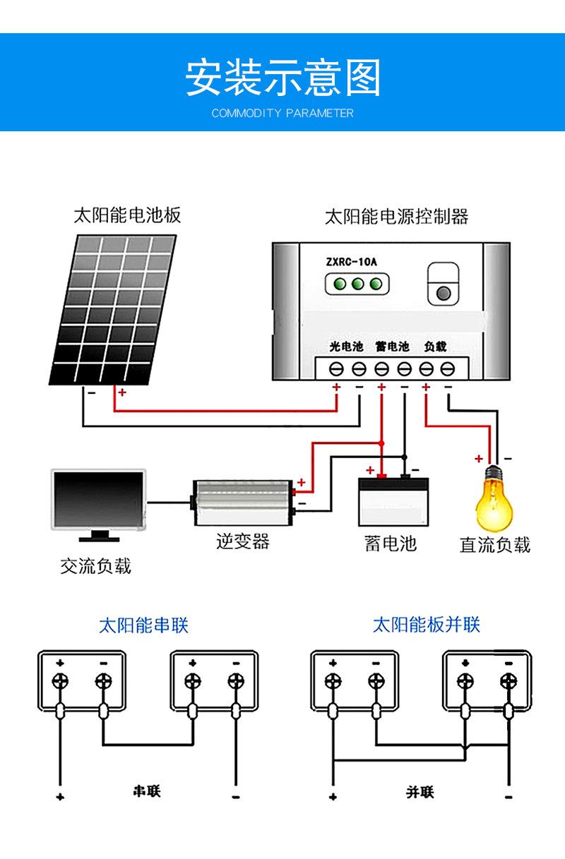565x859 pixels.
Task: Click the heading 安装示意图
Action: coord(282,77)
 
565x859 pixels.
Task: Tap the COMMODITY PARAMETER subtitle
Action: coord(282,113)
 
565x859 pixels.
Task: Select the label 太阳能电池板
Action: coord(127,215)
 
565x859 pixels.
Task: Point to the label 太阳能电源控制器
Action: coord(396,216)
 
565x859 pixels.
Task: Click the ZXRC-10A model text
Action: coord(352,262)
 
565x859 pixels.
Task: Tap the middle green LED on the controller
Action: coord(357,284)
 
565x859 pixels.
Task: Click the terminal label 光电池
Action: coord(346,347)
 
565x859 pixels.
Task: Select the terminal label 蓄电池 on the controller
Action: coord(392,347)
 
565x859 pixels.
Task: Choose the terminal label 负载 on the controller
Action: coord(436,347)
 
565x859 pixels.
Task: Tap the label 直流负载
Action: coord(494,545)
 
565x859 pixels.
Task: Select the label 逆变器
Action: coord(243,541)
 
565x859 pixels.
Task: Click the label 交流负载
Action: coord(95,566)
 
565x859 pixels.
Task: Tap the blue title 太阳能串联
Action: coord(143,625)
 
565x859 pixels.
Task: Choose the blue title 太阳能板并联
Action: coord(426,625)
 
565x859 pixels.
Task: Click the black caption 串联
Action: coord(147,791)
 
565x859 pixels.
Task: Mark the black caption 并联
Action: coord(420,792)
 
